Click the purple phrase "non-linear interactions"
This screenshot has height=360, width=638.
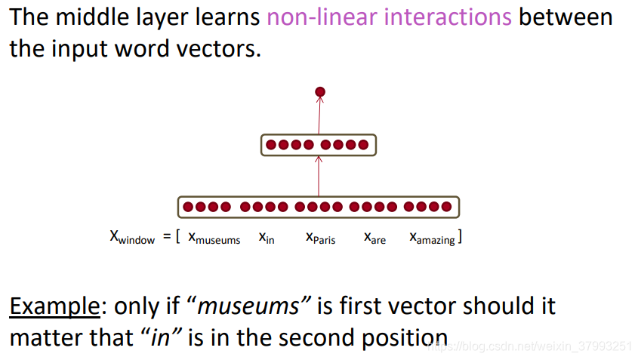click(x=390, y=17)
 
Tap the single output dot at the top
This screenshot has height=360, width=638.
click(x=320, y=92)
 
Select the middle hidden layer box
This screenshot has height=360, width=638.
click(x=318, y=144)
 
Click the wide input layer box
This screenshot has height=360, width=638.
click(x=318, y=206)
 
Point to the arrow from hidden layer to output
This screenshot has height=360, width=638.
click(x=319, y=115)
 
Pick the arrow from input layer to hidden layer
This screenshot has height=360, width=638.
click(x=319, y=177)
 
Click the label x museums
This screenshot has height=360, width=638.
click(x=214, y=238)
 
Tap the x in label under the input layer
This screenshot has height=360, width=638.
click(x=267, y=238)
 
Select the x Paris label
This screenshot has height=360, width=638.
click(x=321, y=238)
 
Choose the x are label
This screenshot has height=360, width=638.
click(x=374, y=238)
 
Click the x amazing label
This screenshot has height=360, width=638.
click(x=433, y=238)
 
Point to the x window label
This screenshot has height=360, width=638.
click(x=132, y=238)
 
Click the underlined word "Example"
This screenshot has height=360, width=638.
click(x=54, y=306)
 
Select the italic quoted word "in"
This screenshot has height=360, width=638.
click(x=160, y=337)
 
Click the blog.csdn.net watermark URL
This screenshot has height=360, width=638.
click(x=529, y=346)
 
